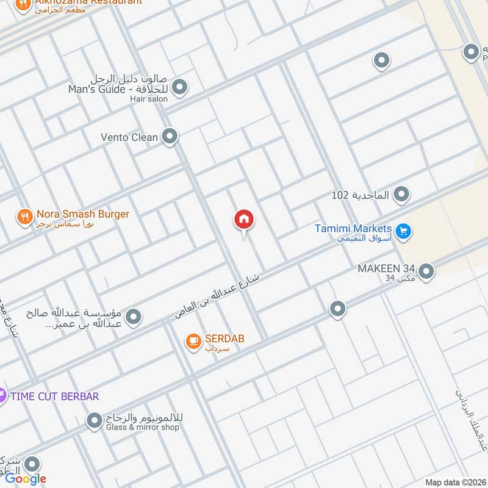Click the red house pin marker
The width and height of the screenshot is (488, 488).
(244, 220)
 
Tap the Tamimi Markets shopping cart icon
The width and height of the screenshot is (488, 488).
(403, 231)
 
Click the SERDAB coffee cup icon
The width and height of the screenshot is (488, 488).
(193, 342)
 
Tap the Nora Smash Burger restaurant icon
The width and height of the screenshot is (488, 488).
(24, 217)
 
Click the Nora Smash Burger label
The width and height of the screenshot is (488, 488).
(83, 214)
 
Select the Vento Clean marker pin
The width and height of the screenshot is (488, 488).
(170, 137)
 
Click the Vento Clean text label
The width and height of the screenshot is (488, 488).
(129, 137)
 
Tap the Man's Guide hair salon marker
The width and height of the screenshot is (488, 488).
(179, 88)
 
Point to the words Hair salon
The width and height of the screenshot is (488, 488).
(148, 99)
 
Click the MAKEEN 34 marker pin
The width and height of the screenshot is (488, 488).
(426, 271)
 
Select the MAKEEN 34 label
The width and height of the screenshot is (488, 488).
(386, 268)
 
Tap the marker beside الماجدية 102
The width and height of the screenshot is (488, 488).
(401, 195)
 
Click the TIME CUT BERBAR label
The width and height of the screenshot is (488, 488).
(54, 396)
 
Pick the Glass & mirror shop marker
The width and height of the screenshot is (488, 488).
(94, 420)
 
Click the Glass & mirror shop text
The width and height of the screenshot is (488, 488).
(143, 428)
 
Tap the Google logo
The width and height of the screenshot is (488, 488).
(26, 479)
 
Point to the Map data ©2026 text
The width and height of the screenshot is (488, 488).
(455, 483)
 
